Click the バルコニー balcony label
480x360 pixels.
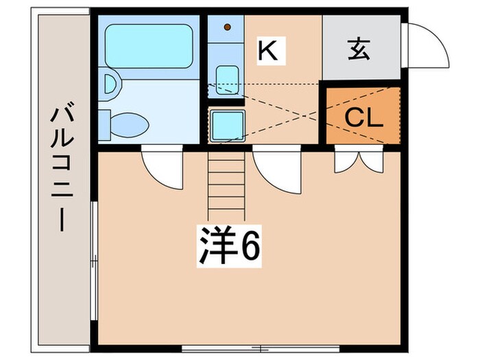62,169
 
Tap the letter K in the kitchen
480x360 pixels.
267,51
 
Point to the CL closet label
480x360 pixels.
363,117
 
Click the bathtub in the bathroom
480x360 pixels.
149,46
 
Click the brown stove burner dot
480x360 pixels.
228,28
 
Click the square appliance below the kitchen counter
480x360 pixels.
226,125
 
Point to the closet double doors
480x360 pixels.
359,160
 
